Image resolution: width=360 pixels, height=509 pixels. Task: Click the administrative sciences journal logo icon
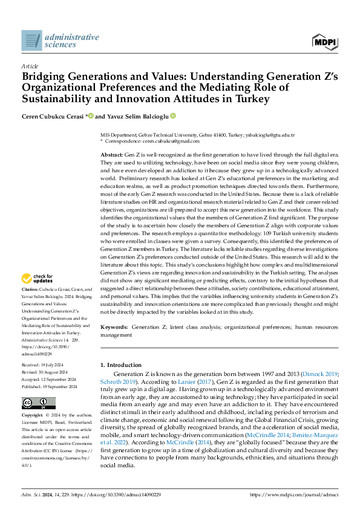31,41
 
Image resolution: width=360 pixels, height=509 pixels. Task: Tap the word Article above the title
29,66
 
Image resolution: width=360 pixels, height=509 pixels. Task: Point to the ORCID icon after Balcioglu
173,115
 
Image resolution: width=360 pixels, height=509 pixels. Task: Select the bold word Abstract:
113,155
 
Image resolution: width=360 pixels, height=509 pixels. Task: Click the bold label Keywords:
114,327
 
